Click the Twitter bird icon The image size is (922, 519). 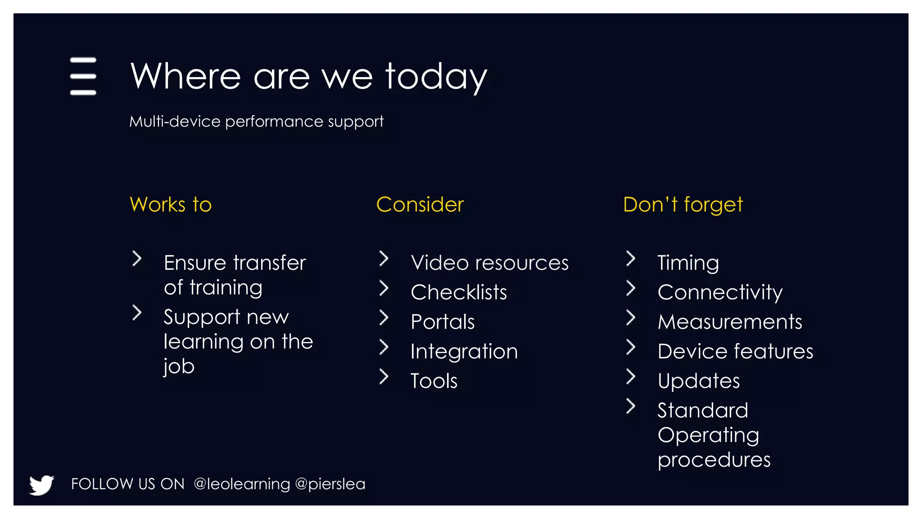point(41,485)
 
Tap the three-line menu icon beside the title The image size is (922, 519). point(83,76)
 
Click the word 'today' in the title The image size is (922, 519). point(436,77)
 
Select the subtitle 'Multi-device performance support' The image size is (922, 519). point(256,122)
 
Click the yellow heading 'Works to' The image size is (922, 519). point(171,205)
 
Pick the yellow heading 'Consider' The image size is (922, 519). point(420,205)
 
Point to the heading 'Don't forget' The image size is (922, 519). point(682,205)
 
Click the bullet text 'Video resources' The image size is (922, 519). point(489,263)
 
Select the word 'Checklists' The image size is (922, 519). point(458,292)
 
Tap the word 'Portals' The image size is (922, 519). point(443,322)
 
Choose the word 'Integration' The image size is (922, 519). point(464,351)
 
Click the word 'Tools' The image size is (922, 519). point(434,381)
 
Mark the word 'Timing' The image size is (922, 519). point(688,263)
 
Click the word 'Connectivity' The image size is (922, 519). point(719,292)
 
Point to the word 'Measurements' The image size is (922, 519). point(729,322)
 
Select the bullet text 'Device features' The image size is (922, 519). point(735,351)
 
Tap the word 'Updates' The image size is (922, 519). point(698,381)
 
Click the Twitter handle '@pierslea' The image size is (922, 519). point(330,484)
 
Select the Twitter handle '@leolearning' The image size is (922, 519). point(242,484)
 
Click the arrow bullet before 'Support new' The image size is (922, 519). point(137,313)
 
